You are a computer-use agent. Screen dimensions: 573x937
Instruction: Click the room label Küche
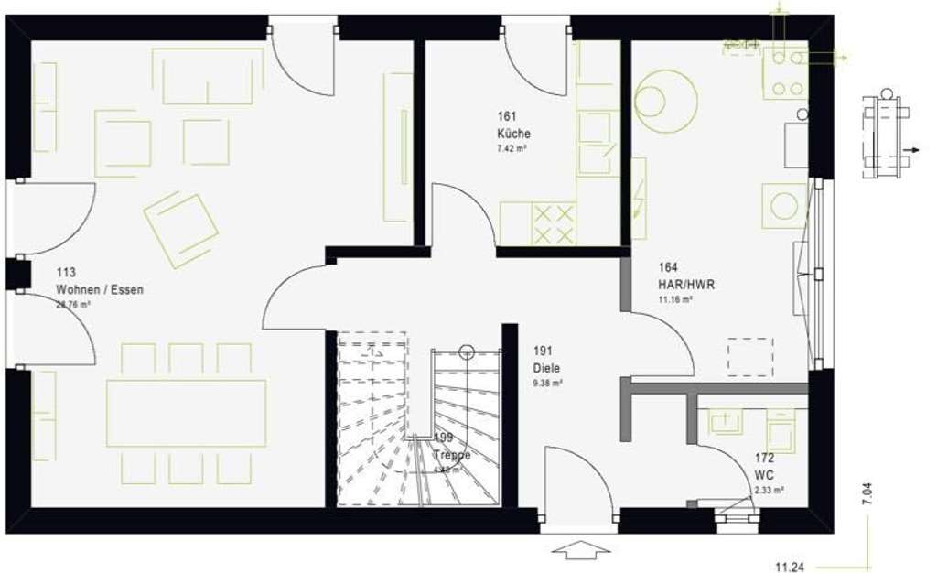[513, 134]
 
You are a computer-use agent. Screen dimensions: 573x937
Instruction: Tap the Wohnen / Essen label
[100, 289]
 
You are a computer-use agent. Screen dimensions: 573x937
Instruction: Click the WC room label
[764, 475]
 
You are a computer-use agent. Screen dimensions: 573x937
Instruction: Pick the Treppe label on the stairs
[452, 455]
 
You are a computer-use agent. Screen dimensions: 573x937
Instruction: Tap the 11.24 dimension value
[790, 568]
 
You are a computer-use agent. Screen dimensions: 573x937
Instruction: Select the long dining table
[186, 413]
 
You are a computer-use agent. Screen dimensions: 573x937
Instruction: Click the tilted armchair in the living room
[180, 229]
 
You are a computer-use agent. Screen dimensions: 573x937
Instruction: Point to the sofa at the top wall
[208, 77]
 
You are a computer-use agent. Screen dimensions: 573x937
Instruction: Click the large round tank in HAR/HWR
[665, 101]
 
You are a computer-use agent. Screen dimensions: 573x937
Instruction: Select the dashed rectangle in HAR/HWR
[750, 357]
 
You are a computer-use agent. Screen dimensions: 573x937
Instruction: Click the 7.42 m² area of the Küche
[511, 148]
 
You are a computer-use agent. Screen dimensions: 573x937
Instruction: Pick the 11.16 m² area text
[675, 299]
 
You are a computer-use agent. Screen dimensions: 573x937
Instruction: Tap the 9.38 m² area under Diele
[547, 383]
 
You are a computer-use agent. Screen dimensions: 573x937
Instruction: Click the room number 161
[508, 116]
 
